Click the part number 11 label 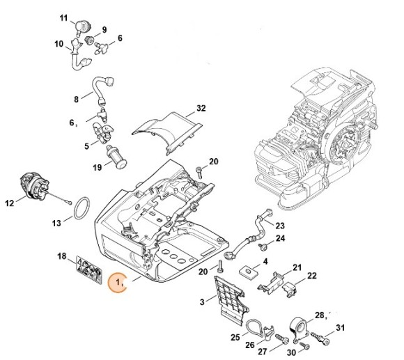pos(63,16)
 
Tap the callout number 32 pos(201,108)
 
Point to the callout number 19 pos(98,168)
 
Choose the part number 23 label pos(280,226)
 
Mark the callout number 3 pos(203,301)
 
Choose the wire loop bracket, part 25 pos(257,330)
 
